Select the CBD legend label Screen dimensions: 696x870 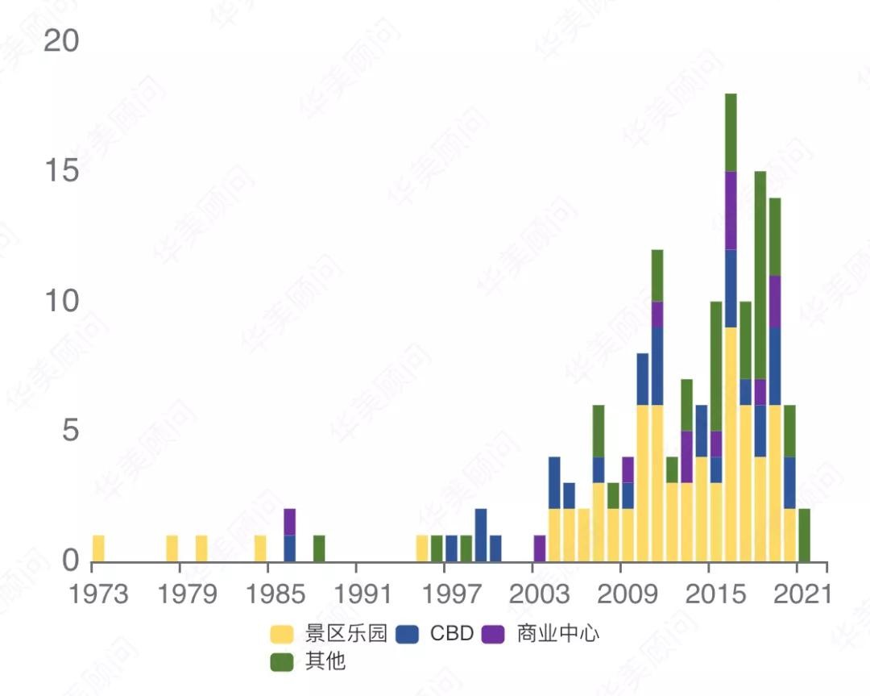pos(452,634)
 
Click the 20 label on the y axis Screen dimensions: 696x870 pos(61,41)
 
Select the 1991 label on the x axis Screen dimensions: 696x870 pos(362,594)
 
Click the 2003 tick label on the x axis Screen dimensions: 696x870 pos(539,594)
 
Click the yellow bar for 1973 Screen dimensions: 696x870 pos(98,548)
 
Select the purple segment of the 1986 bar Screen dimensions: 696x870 pos(289,522)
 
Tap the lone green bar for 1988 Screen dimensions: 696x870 pos(319,548)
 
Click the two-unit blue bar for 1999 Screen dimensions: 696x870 pos(480,536)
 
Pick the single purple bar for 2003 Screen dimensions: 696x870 pos(540,548)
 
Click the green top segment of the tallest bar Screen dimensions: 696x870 pos(731,132)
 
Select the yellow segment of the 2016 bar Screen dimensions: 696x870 pos(731,444)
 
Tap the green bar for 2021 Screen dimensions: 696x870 pos(804,536)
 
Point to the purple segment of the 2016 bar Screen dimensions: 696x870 pos(731,210)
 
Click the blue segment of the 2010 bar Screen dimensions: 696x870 pos(643,379)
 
